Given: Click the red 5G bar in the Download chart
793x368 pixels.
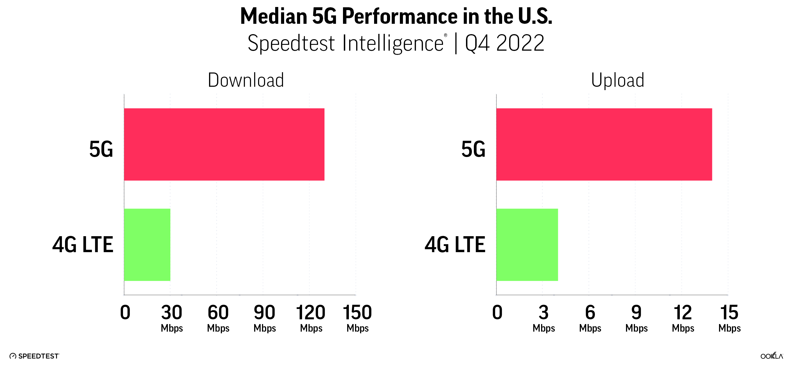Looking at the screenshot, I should click(224, 144).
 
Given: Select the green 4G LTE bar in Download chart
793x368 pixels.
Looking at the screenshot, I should click(147, 245).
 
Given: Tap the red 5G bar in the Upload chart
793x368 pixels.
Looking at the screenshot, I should click(604, 144).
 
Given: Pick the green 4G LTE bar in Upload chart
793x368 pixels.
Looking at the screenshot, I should click(527, 245).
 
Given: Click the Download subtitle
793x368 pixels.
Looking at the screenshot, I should click(246, 80).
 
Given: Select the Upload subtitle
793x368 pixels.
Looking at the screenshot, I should click(618, 80).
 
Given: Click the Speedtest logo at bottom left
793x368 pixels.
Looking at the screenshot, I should click(34, 356).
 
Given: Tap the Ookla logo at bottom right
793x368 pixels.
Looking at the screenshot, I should click(771, 356).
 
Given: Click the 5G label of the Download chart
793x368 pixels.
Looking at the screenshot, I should click(101, 149).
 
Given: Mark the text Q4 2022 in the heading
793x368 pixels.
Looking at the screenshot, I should click(505, 43).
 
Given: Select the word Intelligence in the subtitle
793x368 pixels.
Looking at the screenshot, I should click(393, 43).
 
